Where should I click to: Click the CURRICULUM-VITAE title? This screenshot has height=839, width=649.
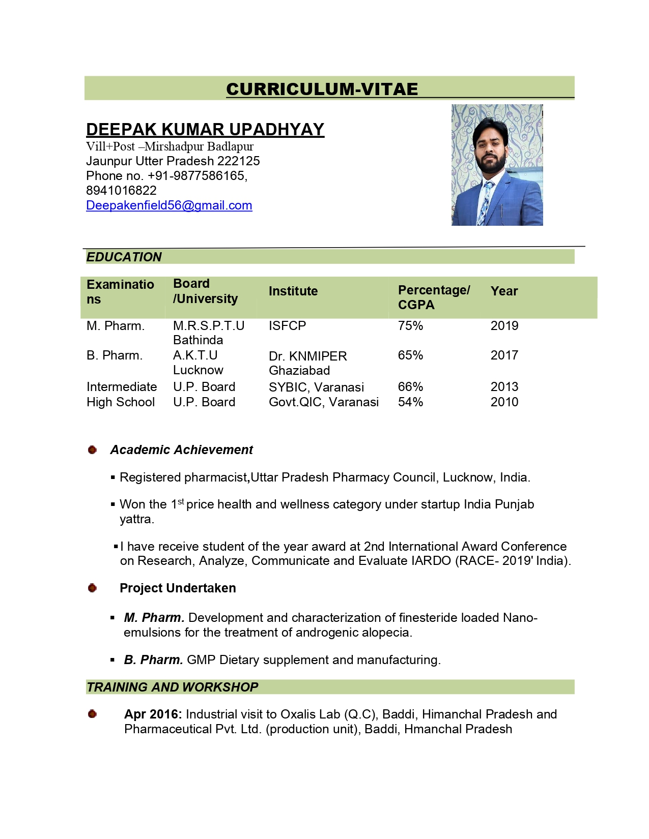pyautogui.click(x=322, y=89)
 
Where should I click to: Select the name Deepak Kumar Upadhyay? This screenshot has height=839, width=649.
pyautogui.click(x=205, y=130)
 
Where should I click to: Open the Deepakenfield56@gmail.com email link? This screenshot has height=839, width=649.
pyautogui.click(x=169, y=205)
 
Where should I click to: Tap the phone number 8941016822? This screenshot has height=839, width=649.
pyautogui.click(x=121, y=191)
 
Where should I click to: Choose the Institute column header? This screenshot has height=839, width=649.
pyautogui.click(x=293, y=291)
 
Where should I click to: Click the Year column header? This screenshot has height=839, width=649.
pyautogui.click(x=504, y=291)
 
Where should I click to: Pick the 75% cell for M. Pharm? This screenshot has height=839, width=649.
pyautogui.click(x=410, y=326)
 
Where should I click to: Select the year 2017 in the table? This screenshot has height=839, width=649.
pyautogui.click(x=504, y=355)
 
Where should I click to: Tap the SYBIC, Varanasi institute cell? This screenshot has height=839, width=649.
pyautogui.click(x=316, y=387)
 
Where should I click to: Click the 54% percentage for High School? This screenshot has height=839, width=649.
pyautogui.click(x=410, y=402)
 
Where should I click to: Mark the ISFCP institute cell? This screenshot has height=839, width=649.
pyautogui.click(x=287, y=326)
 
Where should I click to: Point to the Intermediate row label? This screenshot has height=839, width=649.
pyautogui.click(x=122, y=387)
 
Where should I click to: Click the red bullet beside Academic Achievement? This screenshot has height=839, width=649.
pyautogui.click(x=92, y=450)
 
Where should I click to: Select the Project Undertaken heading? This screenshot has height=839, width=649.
pyautogui.click(x=178, y=588)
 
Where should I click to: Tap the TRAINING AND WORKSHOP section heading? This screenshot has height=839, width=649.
pyautogui.click(x=173, y=687)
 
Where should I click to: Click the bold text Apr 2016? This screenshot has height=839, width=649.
pyautogui.click(x=153, y=714)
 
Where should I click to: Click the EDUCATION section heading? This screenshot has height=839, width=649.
pyautogui.click(x=124, y=257)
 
